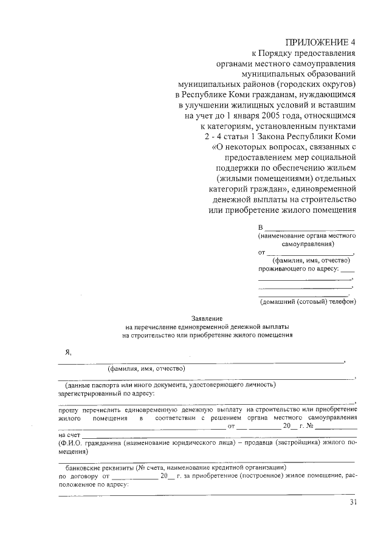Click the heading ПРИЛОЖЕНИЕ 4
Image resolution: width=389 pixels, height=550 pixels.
click(320, 42)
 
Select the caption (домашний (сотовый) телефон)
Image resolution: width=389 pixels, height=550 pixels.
click(308, 301)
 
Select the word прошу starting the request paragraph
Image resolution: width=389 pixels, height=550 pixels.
click(67, 410)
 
